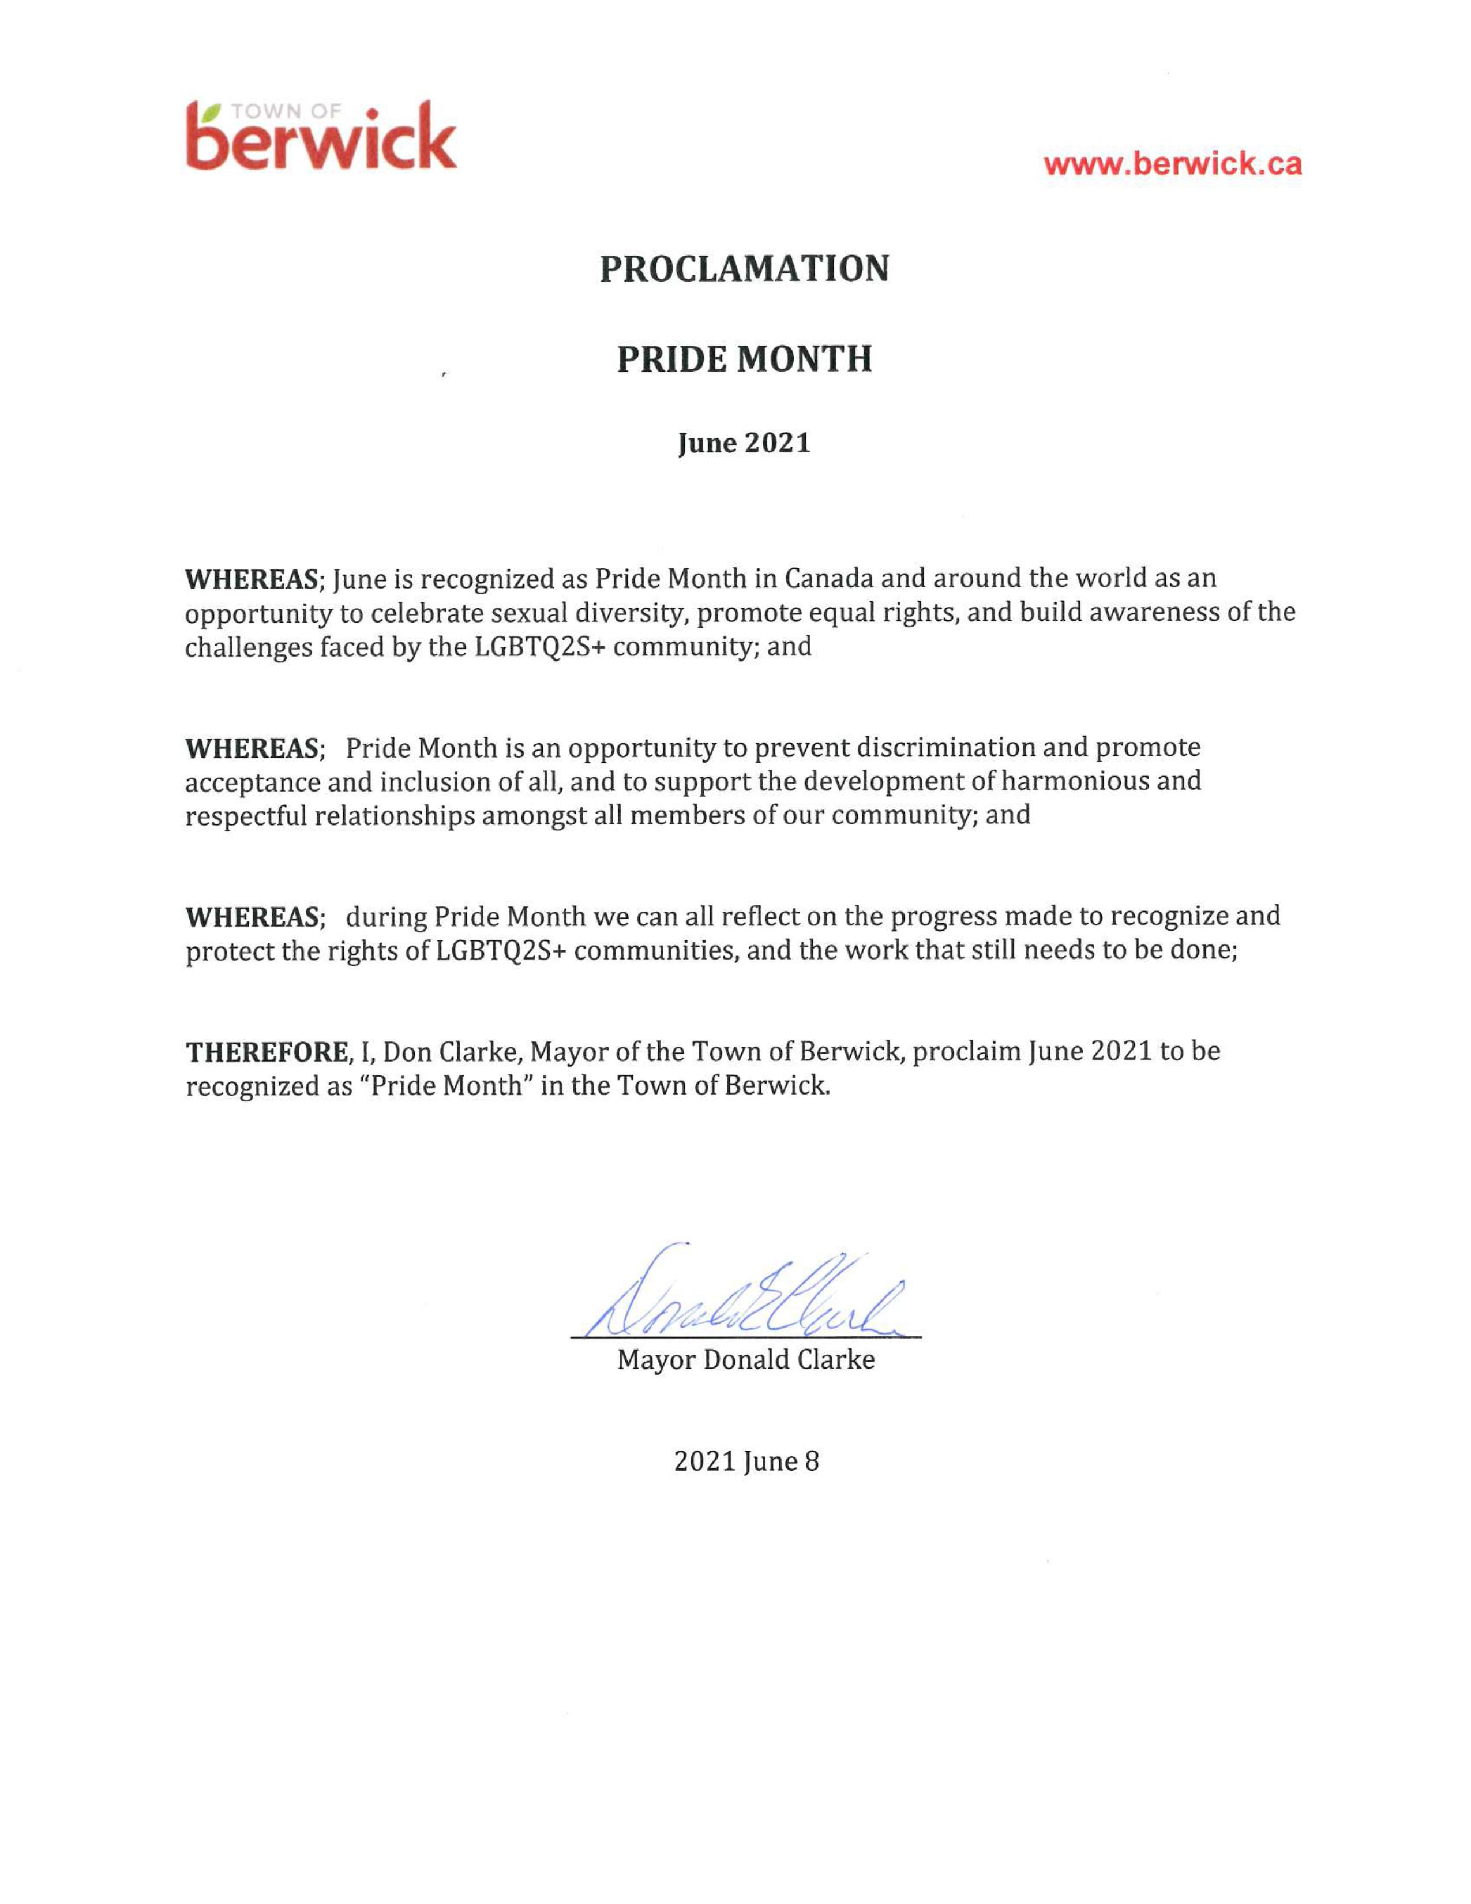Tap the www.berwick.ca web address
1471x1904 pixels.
point(1172,164)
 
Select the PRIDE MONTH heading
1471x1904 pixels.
point(744,359)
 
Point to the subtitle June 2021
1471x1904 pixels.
point(744,444)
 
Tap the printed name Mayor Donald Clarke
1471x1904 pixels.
point(745,1359)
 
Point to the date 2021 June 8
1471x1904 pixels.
point(746,1461)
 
